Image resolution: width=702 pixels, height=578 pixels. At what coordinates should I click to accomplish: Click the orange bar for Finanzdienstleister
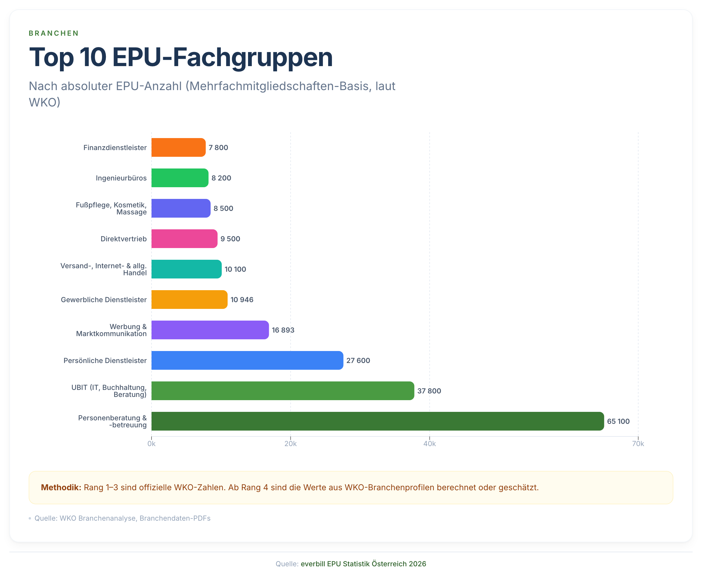[x=178, y=147]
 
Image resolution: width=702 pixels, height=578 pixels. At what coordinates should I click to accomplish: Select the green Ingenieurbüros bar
[x=180, y=178]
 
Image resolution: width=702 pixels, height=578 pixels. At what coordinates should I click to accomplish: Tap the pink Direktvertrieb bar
[x=184, y=239]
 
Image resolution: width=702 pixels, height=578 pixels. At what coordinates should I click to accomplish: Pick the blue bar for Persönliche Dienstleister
[x=247, y=360]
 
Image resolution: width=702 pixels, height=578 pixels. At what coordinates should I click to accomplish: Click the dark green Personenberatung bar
[x=377, y=421]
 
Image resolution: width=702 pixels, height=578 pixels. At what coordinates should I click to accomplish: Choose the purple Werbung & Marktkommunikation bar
[x=210, y=330]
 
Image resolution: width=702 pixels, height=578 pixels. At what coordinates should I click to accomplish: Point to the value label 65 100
[x=618, y=422]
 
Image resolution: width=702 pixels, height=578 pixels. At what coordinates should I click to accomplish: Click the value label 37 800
[x=429, y=391]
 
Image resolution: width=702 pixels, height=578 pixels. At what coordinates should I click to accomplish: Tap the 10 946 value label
[x=242, y=300]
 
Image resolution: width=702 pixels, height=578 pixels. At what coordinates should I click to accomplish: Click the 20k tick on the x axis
[x=290, y=444]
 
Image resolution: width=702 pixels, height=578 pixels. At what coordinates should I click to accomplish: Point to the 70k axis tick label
[x=638, y=444]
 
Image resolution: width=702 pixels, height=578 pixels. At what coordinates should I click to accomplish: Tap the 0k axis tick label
[x=152, y=444]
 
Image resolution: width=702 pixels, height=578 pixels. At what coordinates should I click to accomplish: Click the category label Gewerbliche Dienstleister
[x=104, y=300]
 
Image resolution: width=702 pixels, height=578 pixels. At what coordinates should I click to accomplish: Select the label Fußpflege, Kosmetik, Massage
[x=111, y=209]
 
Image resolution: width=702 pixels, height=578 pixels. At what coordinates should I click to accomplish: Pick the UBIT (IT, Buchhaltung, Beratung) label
[x=109, y=391]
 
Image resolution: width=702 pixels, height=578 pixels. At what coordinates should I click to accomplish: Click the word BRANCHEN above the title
[x=54, y=33]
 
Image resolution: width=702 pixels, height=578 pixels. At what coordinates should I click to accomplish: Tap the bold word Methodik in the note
[x=61, y=487]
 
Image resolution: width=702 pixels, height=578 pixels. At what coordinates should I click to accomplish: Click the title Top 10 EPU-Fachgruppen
[x=181, y=57]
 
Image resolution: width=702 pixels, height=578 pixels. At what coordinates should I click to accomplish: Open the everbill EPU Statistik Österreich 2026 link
[x=363, y=564]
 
